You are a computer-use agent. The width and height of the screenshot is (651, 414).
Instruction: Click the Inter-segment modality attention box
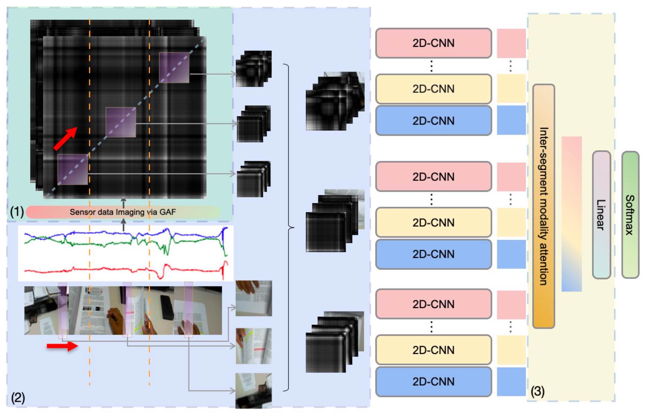pos(544,206)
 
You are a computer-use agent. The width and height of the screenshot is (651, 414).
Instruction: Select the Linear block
pos(601,215)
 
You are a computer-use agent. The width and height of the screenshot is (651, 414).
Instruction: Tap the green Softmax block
pos(630,215)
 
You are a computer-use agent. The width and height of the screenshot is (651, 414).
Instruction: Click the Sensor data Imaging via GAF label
pos(123,212)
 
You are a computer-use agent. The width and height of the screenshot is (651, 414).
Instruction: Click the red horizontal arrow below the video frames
pos(62,346)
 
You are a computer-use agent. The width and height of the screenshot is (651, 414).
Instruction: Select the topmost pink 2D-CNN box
pos(434,43)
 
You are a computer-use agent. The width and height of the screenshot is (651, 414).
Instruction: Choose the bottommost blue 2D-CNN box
pos(434,382)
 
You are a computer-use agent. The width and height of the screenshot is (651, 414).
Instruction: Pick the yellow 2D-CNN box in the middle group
pos(434,223)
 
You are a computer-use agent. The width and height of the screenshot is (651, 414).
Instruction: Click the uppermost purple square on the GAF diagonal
pos(174,68)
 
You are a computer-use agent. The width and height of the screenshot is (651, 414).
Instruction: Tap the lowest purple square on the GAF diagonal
pos(73,170)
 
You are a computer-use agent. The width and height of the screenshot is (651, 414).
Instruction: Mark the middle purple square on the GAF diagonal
pos(121,122)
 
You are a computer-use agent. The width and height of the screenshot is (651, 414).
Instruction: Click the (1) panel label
pos(17,212)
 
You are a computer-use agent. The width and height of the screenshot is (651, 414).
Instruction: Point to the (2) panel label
pos(18,398)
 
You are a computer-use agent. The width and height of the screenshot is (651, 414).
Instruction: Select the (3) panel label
pos(538,391)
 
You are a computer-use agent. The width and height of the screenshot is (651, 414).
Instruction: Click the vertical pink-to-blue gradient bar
pos(571,214)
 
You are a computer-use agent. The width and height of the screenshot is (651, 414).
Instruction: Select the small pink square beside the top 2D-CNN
pos(511,43)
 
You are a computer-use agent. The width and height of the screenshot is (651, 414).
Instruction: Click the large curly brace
pos(289,227)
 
